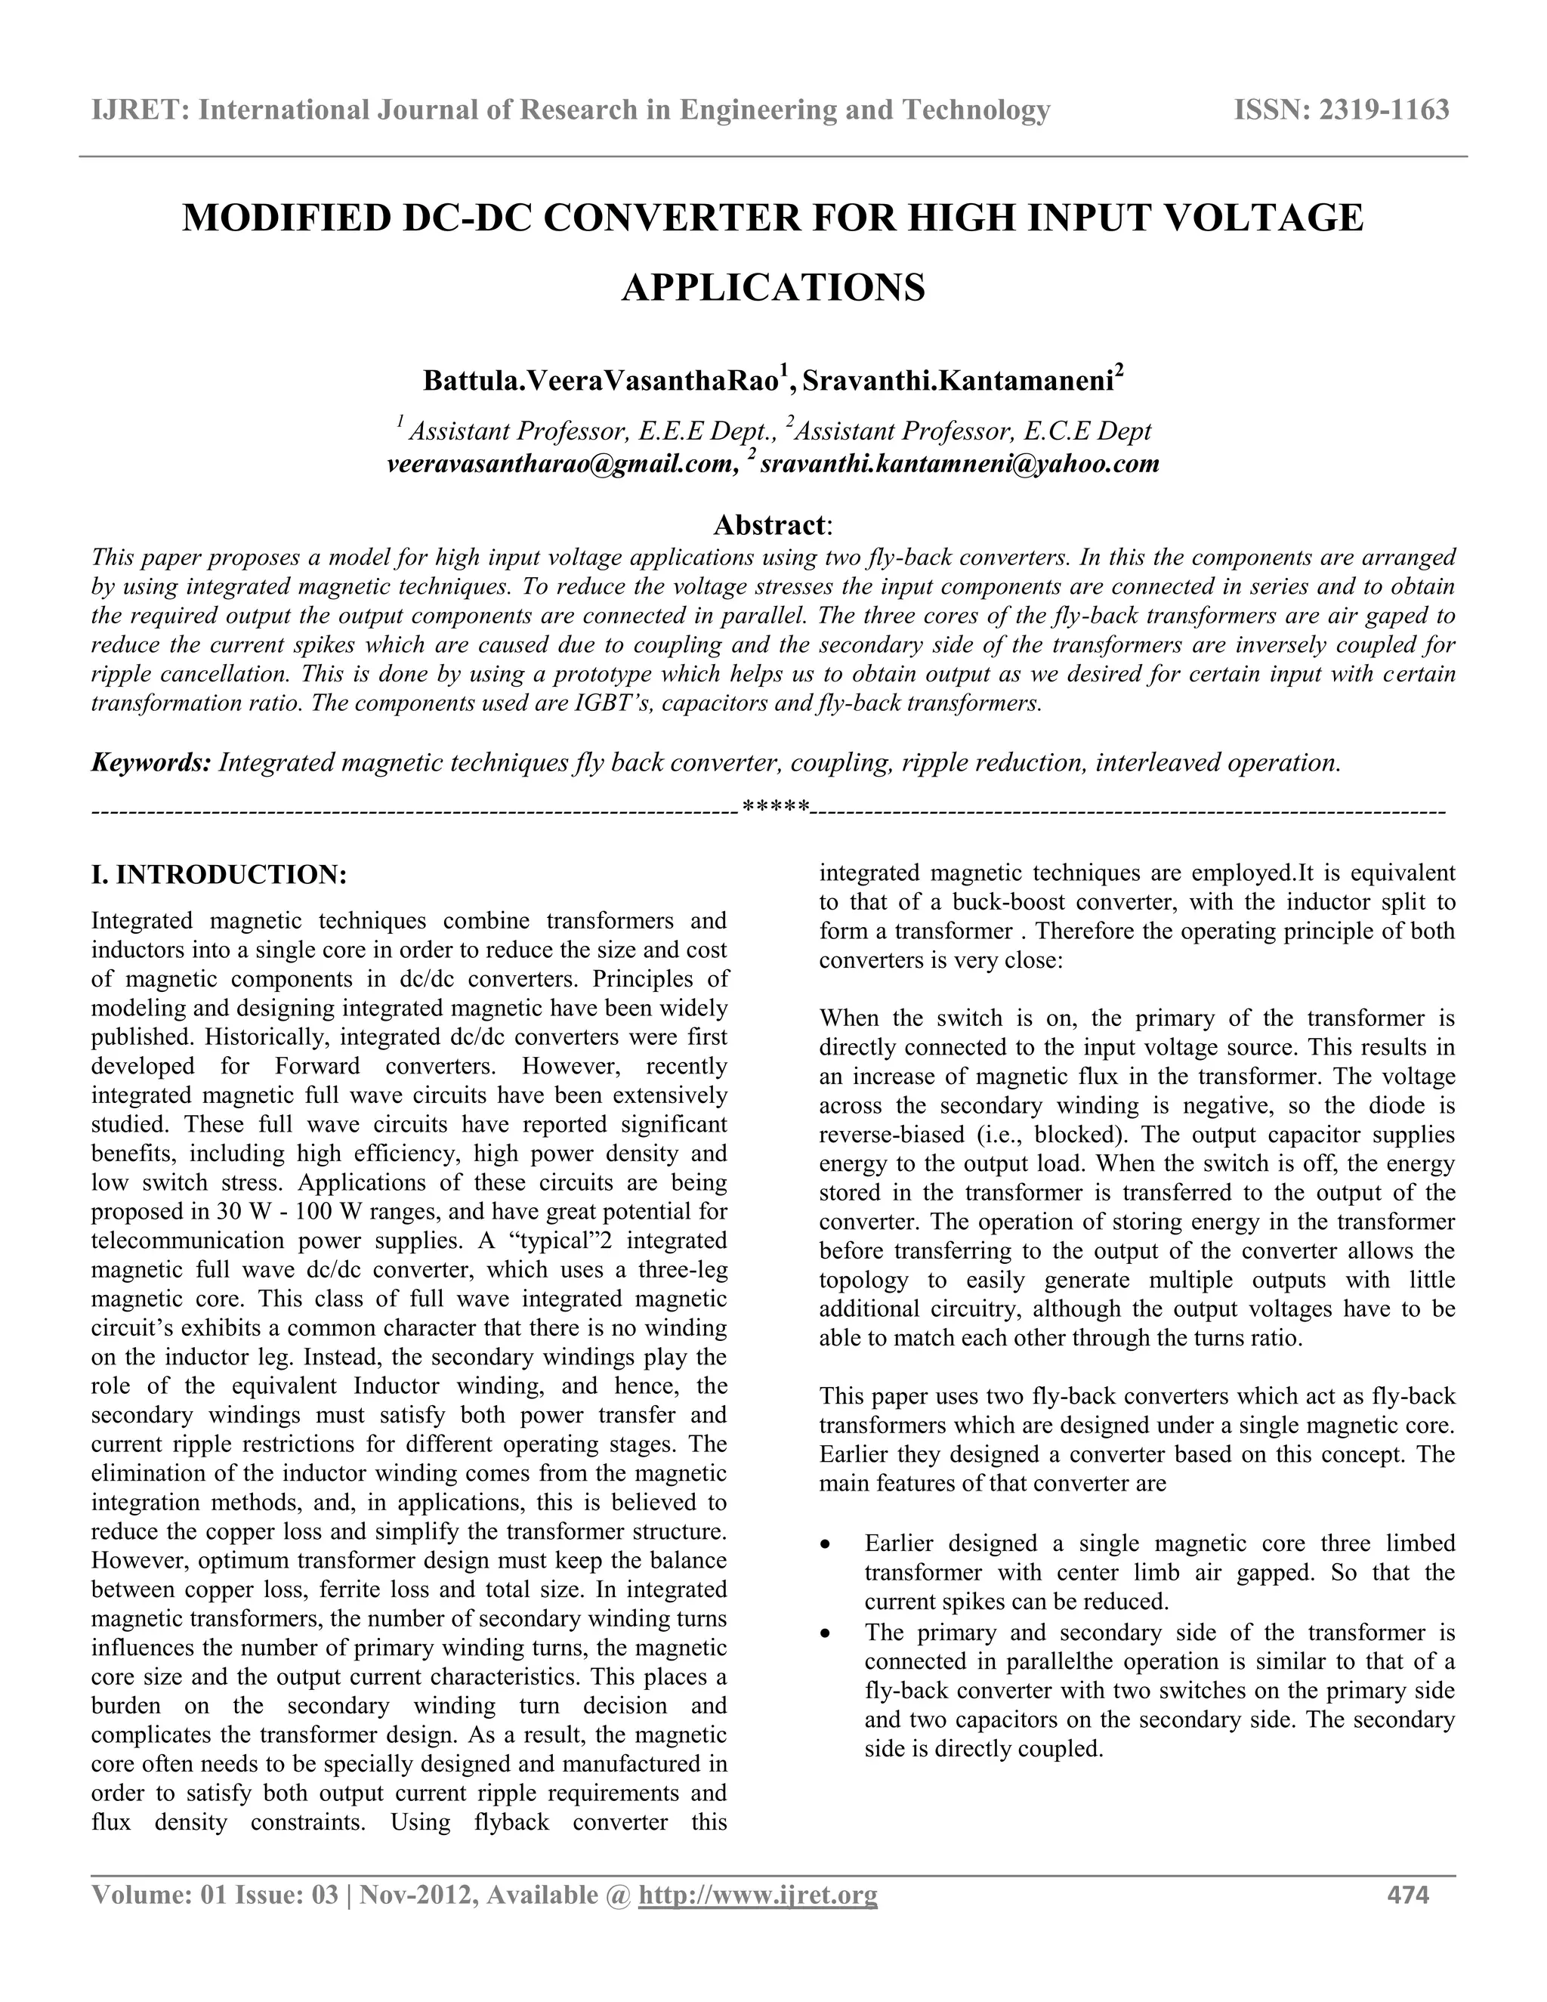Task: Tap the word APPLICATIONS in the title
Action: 773,288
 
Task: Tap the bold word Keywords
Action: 151,763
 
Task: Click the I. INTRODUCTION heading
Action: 219,875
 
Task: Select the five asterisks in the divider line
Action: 775,808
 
